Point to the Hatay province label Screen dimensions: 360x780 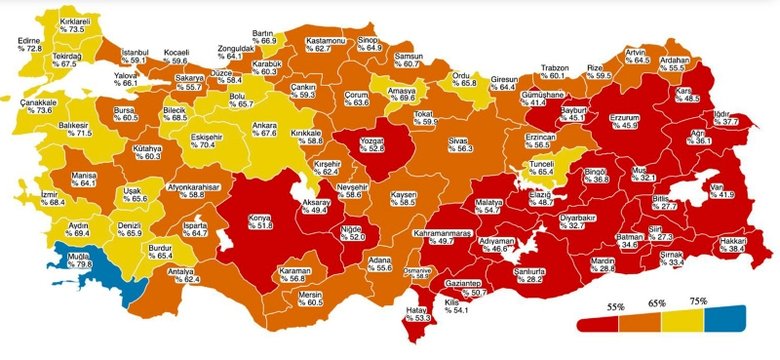[x=423, y=317]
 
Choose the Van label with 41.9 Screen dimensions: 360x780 [x=720, y=189]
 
